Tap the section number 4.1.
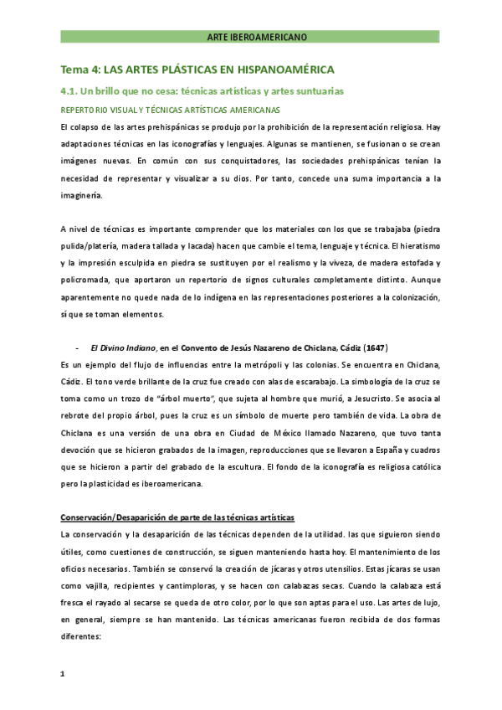[x=70, y=90]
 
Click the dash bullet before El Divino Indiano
[x=77, y=347]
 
